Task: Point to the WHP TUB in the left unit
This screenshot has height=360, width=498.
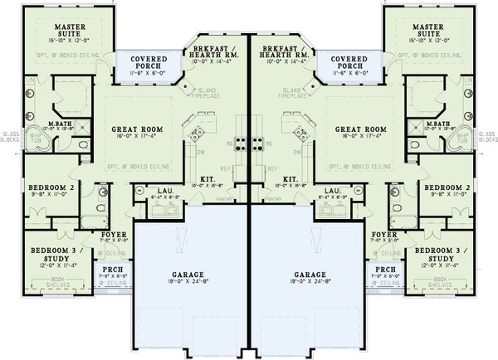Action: point(34,139)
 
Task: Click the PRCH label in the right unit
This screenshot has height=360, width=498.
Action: point(385,270)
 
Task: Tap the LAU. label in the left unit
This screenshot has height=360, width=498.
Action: point(164,192)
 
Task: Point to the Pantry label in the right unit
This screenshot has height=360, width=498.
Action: point(274,200)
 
